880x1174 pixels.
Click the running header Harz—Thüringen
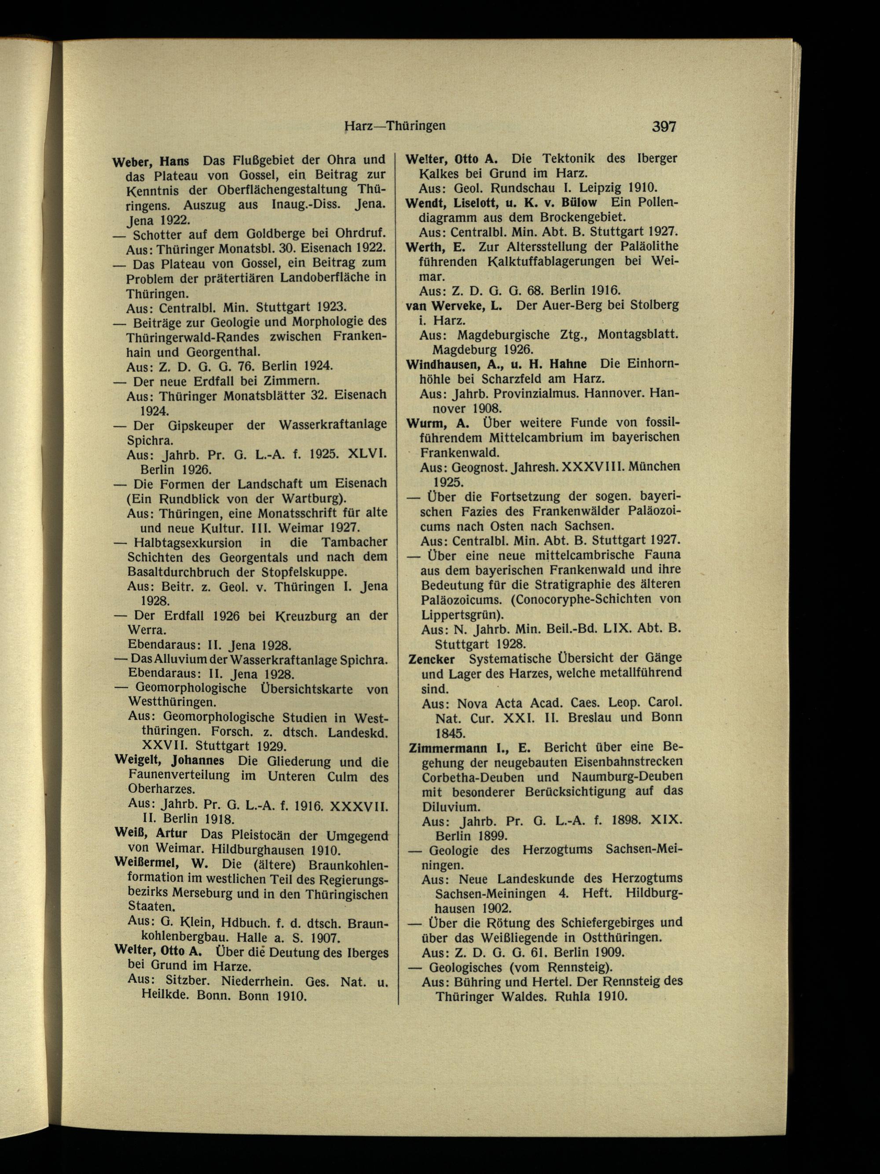(394, 126)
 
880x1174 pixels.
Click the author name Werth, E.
(435, 247)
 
